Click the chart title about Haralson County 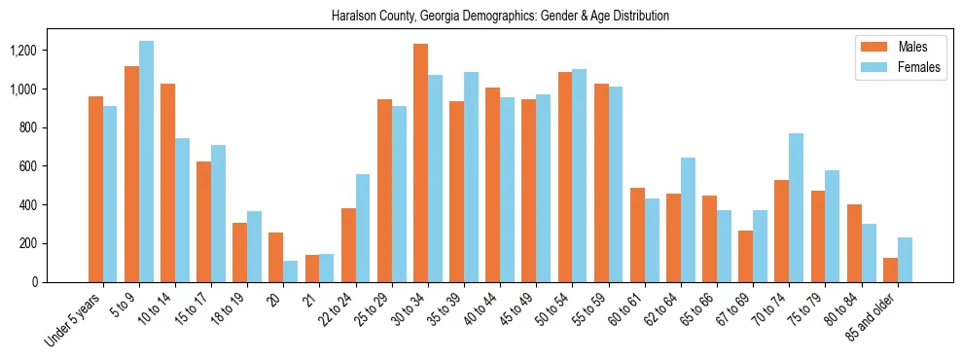(x=500, y=17)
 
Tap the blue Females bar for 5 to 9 (x=146, y=162)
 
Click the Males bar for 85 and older (x=890, y=270)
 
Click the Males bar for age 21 (x=312, y=269)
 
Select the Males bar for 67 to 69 (x=745, y=256)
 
